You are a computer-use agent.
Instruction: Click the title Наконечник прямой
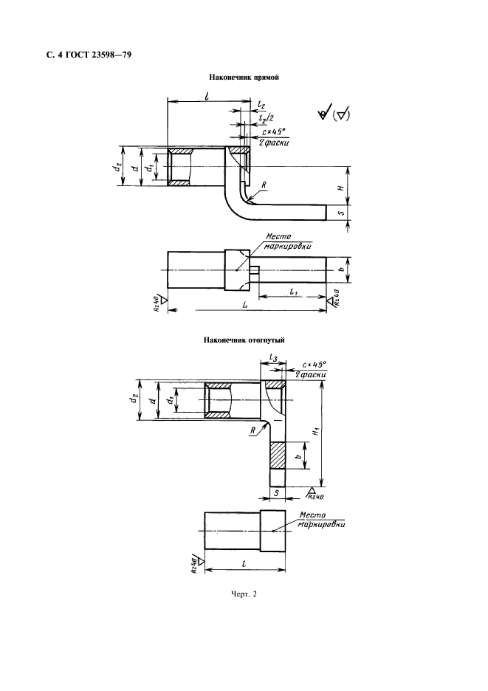tap(244, 77)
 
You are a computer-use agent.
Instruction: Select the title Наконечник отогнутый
tap(244, 340)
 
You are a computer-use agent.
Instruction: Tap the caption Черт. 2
tap(244, 594)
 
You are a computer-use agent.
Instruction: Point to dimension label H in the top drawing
tap(340, 188)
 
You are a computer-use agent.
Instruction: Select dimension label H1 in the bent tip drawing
tap(316, 433)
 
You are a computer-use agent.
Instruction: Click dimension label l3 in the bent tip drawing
tap(273, 359)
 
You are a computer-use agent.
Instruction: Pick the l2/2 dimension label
tap(266, 117)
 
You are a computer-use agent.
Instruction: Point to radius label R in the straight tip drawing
tap(263, 185)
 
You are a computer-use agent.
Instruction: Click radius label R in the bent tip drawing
tap(253, 430)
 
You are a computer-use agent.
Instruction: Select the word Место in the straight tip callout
tap(278, 237)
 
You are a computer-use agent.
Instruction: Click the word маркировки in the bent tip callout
tap(321, 524)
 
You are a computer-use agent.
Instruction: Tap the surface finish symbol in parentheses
tap(341, 116)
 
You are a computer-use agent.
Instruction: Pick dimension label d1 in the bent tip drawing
tap(169, 401)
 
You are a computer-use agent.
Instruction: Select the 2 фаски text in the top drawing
tap(273, 142)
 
